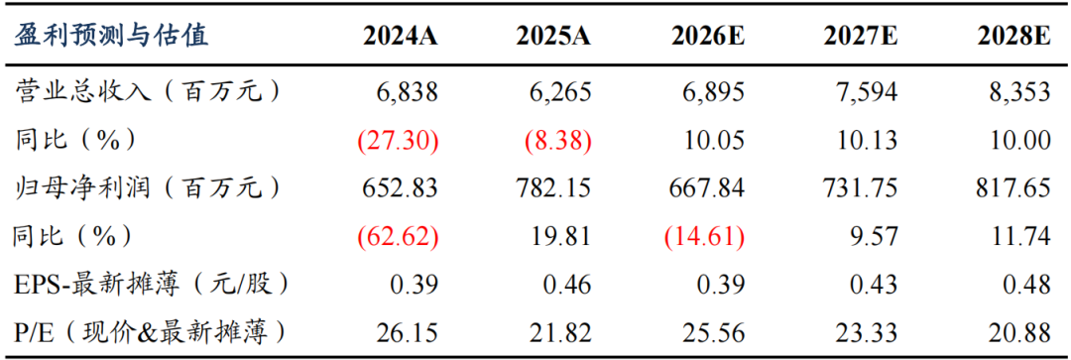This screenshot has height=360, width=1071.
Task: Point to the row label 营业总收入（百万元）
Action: tap(148, 92)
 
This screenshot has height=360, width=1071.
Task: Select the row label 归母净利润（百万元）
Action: tap(148, 187)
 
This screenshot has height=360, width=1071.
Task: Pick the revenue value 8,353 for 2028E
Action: tap(1019, 92)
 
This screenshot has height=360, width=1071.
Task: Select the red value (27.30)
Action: tap(398, 141)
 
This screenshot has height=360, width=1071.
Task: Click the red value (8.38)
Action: tap(557, 141)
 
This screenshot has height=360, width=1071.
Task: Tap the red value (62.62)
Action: tap(398, 236)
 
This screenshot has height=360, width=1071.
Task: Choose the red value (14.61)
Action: tap(704, 236)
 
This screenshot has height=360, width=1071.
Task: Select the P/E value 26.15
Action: tap(408, 332)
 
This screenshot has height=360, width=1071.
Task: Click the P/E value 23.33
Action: tap(867, 332)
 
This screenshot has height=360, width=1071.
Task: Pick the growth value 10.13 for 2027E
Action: tap(867, 141)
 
